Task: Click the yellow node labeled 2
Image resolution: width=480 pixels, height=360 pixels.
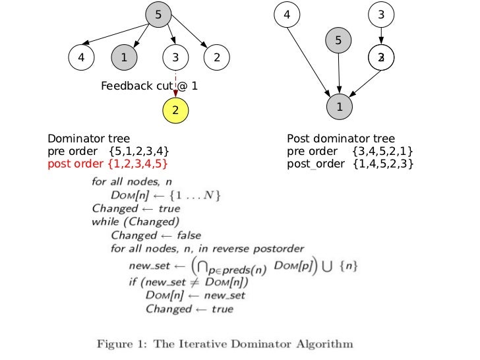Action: (x=175, y=110)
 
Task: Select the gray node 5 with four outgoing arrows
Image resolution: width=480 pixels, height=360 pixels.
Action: (x=158, y=14)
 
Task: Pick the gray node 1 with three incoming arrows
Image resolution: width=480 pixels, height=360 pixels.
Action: (x=339, y=106)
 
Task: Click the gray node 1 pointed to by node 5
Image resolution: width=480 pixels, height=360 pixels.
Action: (x=124, y=58)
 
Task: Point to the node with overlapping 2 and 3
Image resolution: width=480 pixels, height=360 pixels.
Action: (x=381, y=58)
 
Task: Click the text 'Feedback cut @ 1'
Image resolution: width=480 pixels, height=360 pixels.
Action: (x=149, y=86)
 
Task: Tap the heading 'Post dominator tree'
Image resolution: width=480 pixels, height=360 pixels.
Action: (x=341, y=139)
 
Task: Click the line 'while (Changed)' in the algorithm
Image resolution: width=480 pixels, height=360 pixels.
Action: (x=136, y=222)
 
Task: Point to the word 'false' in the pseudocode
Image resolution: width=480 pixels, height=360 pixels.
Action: (x=188, y=235)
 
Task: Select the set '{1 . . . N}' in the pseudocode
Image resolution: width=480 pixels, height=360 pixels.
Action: (x=198, y=195)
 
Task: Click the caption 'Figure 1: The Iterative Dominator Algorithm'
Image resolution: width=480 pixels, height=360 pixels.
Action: (x=225, y=344)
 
